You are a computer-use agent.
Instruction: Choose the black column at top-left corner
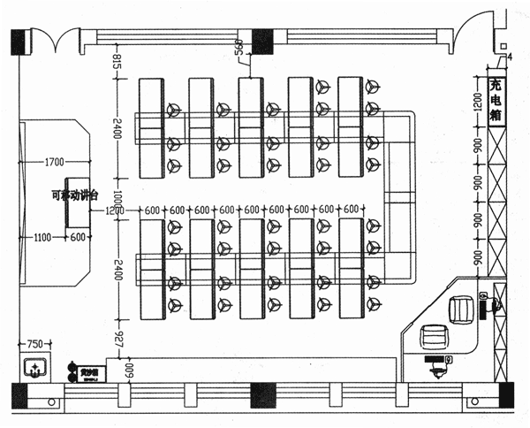click(19, 41)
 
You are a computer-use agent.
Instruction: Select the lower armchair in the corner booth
click(435, 337)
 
